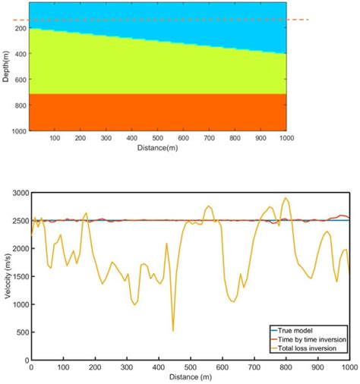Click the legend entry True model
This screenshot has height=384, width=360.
(x=308, y=330)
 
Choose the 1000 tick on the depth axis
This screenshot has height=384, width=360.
(x=17, y=131)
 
